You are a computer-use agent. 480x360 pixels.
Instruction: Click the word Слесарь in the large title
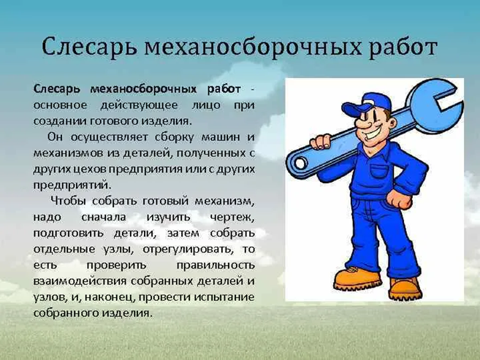coord(89,47)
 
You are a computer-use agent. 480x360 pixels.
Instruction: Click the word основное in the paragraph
coord(60,105)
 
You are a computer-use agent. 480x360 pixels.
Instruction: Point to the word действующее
coord(140,106)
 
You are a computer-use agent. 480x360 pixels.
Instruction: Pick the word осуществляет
coord(109,137)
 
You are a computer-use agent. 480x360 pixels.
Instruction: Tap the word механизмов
coord(67,153)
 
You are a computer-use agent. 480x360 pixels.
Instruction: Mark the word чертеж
coord(232,218)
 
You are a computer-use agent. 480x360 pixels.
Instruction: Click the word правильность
coord(216,266)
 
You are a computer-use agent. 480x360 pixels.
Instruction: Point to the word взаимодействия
coord(80,282)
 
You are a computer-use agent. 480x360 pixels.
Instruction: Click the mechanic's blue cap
coord(367,104)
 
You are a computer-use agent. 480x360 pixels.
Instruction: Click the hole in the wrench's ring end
coord(301,163)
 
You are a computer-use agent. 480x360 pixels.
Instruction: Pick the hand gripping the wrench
coord(321,142)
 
